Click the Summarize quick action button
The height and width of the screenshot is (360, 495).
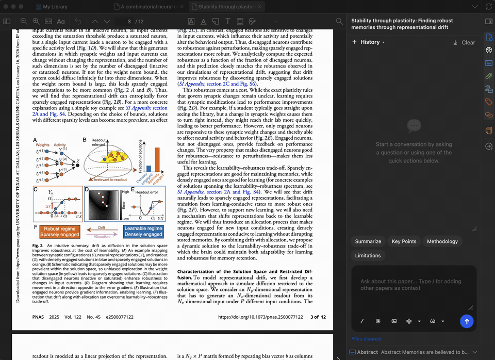tap(368, 241)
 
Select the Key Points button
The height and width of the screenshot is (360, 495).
tap(404, 241)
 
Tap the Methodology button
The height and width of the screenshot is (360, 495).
tap(442, 241)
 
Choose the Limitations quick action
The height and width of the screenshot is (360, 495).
tap(368, 255)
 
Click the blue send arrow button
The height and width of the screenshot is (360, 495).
tap(466, 321)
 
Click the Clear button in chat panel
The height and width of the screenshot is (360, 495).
tap(464, 42)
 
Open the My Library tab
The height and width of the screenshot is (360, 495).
tap(55, 7)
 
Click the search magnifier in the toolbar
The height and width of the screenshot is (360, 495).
tap(339, 21)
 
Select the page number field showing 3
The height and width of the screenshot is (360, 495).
tap(129, 21)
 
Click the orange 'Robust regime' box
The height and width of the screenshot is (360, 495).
tap(59, 232)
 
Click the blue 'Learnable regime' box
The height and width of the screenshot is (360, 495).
tap(143, 232)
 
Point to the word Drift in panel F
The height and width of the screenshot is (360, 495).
tap(101, 227)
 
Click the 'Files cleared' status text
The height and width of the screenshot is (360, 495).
tap(366, 339)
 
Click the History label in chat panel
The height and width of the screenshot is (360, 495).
tap(370, 42)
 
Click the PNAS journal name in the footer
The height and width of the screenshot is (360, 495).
tap(38, 317)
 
